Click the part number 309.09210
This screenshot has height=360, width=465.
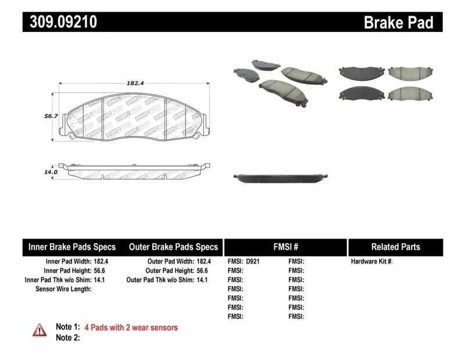coord(60,22)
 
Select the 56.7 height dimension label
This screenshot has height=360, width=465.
coord(51,116)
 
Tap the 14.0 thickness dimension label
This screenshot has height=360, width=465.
coord(51,172)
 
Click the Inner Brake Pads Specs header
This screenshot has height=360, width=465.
coord(72,247)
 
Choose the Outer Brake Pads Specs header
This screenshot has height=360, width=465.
coord(174,247)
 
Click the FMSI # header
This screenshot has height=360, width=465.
coord(285,247)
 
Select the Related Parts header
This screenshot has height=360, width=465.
coord(395,247)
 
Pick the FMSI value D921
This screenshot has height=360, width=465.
coord(253,262)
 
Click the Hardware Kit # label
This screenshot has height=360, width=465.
coord(371,262)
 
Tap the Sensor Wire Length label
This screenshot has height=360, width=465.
coord(64,289)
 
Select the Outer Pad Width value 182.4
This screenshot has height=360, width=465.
coord(203,262)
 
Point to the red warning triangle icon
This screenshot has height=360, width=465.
coord(40,330)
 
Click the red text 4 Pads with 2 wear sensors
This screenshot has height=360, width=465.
coord(131,327)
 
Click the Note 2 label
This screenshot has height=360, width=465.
coord(67,337)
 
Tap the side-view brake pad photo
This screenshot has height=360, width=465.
coord(281,177)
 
